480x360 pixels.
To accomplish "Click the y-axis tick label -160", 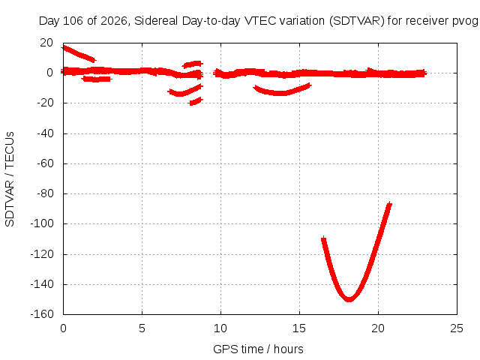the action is click(42, 314).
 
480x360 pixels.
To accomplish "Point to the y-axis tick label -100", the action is click(42, 223).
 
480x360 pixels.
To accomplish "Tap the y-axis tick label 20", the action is click(46, 43).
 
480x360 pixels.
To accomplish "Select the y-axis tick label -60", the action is click(45, 163).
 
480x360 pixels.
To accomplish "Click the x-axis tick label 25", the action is click(457, 328).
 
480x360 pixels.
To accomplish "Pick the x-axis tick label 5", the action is click(142, 328).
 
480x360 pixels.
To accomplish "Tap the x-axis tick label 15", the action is click(299, 328).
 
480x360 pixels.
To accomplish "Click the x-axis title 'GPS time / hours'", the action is click(258, 349).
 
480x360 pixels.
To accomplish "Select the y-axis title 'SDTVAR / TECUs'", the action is click(10, 179).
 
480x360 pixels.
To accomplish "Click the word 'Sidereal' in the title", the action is click(156, 21).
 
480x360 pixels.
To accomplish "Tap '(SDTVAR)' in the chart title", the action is click(357, 21).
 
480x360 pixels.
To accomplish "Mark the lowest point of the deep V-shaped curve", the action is click(349, 300).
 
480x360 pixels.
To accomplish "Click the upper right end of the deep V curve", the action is click(389, 203).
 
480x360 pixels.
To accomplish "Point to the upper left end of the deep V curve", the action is click(323, 238).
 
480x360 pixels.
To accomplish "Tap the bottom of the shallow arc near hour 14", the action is click(280, 93).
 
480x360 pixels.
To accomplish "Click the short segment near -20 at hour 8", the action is click(196, 101).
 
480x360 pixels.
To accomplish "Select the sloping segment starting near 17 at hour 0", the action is click(79, 54).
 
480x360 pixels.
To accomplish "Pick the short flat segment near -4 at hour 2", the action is click(97, 79).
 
